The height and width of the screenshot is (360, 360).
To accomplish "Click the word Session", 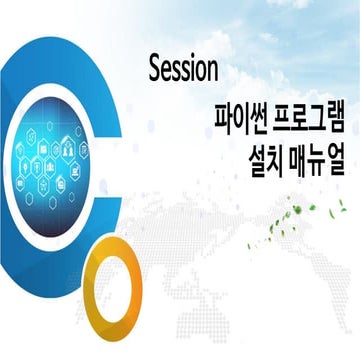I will pyautogui.click(x=182, y=70).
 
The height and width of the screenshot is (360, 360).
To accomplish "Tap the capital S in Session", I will pyautogui.click(x=154, y=70).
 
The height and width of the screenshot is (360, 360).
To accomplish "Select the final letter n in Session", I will pyautogui.click(x=212, y=70).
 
